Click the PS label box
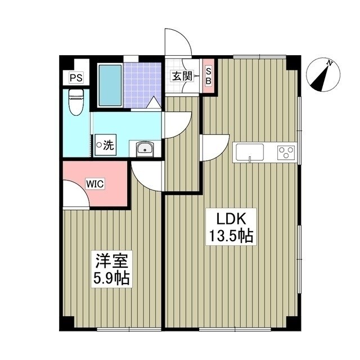click(x=74, y=78)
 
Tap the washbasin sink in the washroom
click(x=145, y=149)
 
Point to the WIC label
click(x=93, y=182)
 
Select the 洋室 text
click(x=112, y=261)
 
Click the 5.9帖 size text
click(x=112, y=278)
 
